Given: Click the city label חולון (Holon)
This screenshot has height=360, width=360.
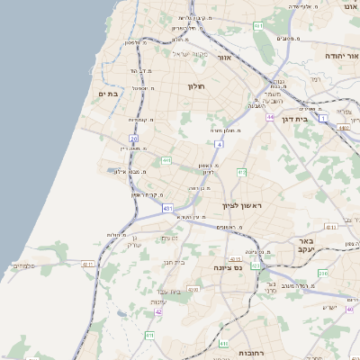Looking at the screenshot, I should [x=197, y=86].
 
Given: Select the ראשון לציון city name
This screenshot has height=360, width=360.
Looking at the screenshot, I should [x=241, y=206].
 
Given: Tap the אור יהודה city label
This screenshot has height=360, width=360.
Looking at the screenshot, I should [x=342, y=55].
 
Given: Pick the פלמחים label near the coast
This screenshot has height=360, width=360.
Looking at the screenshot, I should [x=23, y=265].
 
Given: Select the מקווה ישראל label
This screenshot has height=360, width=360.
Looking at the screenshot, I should [x=190, y=55].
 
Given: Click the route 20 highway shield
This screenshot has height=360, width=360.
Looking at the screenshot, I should [x=133, y=138].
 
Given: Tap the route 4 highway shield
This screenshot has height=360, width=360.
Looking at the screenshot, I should [x=219, y=144].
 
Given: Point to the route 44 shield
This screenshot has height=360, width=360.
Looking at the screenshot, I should [x=269, y=117].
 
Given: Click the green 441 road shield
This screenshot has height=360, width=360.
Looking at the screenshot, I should [x=166, y=160].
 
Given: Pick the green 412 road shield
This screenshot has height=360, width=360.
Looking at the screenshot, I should [x=241, y=170].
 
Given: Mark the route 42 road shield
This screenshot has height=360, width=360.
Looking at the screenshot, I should [x=158, y=311].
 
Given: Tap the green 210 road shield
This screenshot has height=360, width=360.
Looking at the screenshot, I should [x=323, y=273].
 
